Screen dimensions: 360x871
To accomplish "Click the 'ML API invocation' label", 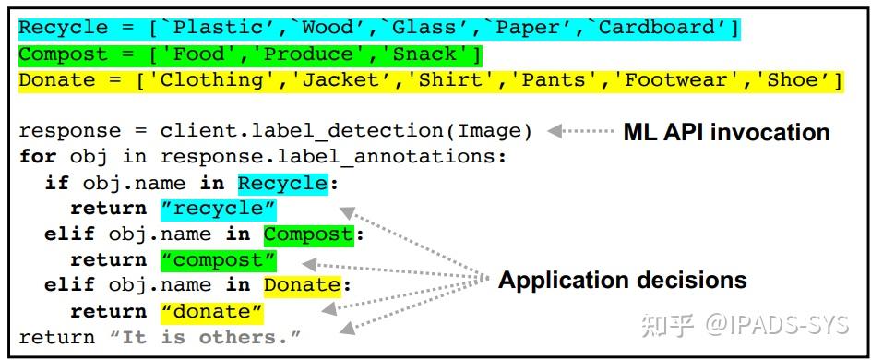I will tap(726, 132).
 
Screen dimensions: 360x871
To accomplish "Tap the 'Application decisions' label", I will tap(623, 280).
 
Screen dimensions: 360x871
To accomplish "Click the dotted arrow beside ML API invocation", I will tap(580, 132).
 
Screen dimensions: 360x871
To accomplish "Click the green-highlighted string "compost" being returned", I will tap(218, 260).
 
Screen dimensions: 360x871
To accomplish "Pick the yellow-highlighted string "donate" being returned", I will tap(211, 312).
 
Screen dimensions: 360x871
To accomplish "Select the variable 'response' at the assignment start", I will tap(69, 131).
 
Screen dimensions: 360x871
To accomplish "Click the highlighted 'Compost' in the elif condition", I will tap(308, 234).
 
